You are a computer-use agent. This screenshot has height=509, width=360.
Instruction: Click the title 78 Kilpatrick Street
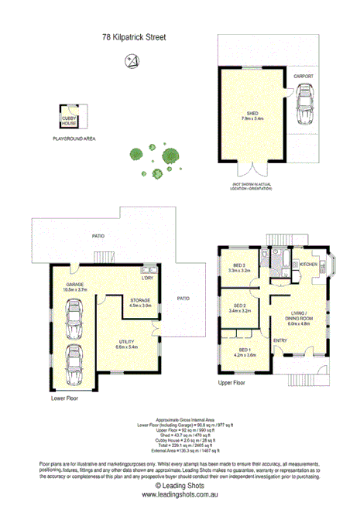coord(134,36)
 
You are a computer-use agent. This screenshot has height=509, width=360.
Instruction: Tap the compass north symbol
coord(134,60)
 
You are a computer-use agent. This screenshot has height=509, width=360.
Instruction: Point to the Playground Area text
coord(74,138)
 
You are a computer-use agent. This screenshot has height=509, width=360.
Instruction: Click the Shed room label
coord(252,114)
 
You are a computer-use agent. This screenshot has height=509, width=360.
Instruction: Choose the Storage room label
coord(140,302)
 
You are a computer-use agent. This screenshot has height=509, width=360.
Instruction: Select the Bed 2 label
coord(239,309)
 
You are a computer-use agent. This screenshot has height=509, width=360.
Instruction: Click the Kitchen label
coord(308,265)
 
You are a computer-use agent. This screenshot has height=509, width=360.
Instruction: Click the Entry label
coord(280,340)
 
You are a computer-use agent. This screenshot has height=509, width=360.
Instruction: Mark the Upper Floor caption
coord(232,382)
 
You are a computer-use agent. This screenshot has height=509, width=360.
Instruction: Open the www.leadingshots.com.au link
coord(180,495)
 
